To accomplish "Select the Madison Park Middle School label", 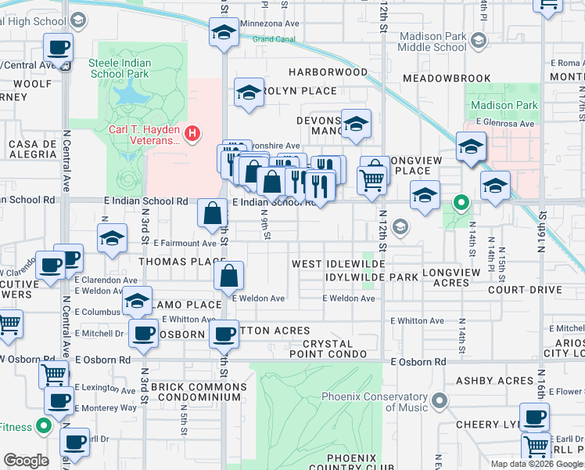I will point(432,42).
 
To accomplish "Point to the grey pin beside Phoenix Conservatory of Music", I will point(439,402).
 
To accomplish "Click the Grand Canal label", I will point(272,39).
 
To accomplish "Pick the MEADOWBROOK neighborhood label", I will point(447,78).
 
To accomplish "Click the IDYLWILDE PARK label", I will point(372,277).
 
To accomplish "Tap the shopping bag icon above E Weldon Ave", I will point(228,276).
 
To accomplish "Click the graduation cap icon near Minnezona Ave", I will point(224,33).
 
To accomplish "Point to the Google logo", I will point(27,461).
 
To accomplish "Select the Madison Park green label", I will point(504,105).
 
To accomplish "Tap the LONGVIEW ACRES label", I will point(455,277).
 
